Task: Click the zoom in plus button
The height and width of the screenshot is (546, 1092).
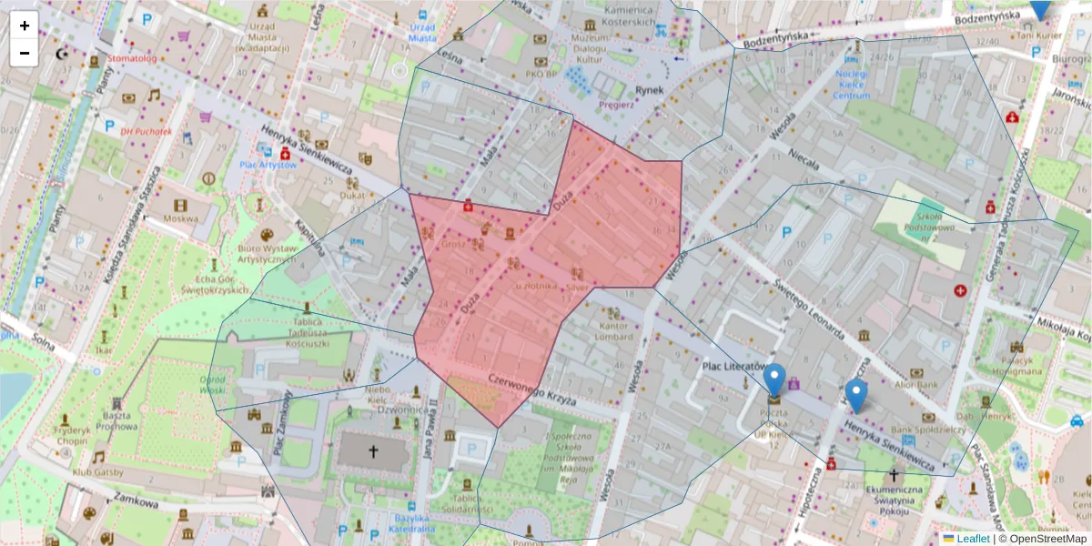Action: click(x=25, y=25)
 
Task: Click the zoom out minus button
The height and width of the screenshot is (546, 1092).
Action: click(x=25, y=53)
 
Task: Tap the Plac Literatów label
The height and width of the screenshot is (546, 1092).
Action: click(x=733, y=366)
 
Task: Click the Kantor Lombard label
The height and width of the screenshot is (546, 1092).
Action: click(x=615, y=330)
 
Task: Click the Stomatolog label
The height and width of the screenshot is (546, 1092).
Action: click(x=132, y=59)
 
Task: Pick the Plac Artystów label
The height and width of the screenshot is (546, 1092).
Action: click(x=268, y=165)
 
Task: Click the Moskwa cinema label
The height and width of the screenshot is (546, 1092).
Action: click(x=180, y=219)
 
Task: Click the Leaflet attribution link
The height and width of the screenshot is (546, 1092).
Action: click(x=972, y=539)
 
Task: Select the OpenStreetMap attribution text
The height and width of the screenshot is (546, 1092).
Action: click(x=1042, y=539)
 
